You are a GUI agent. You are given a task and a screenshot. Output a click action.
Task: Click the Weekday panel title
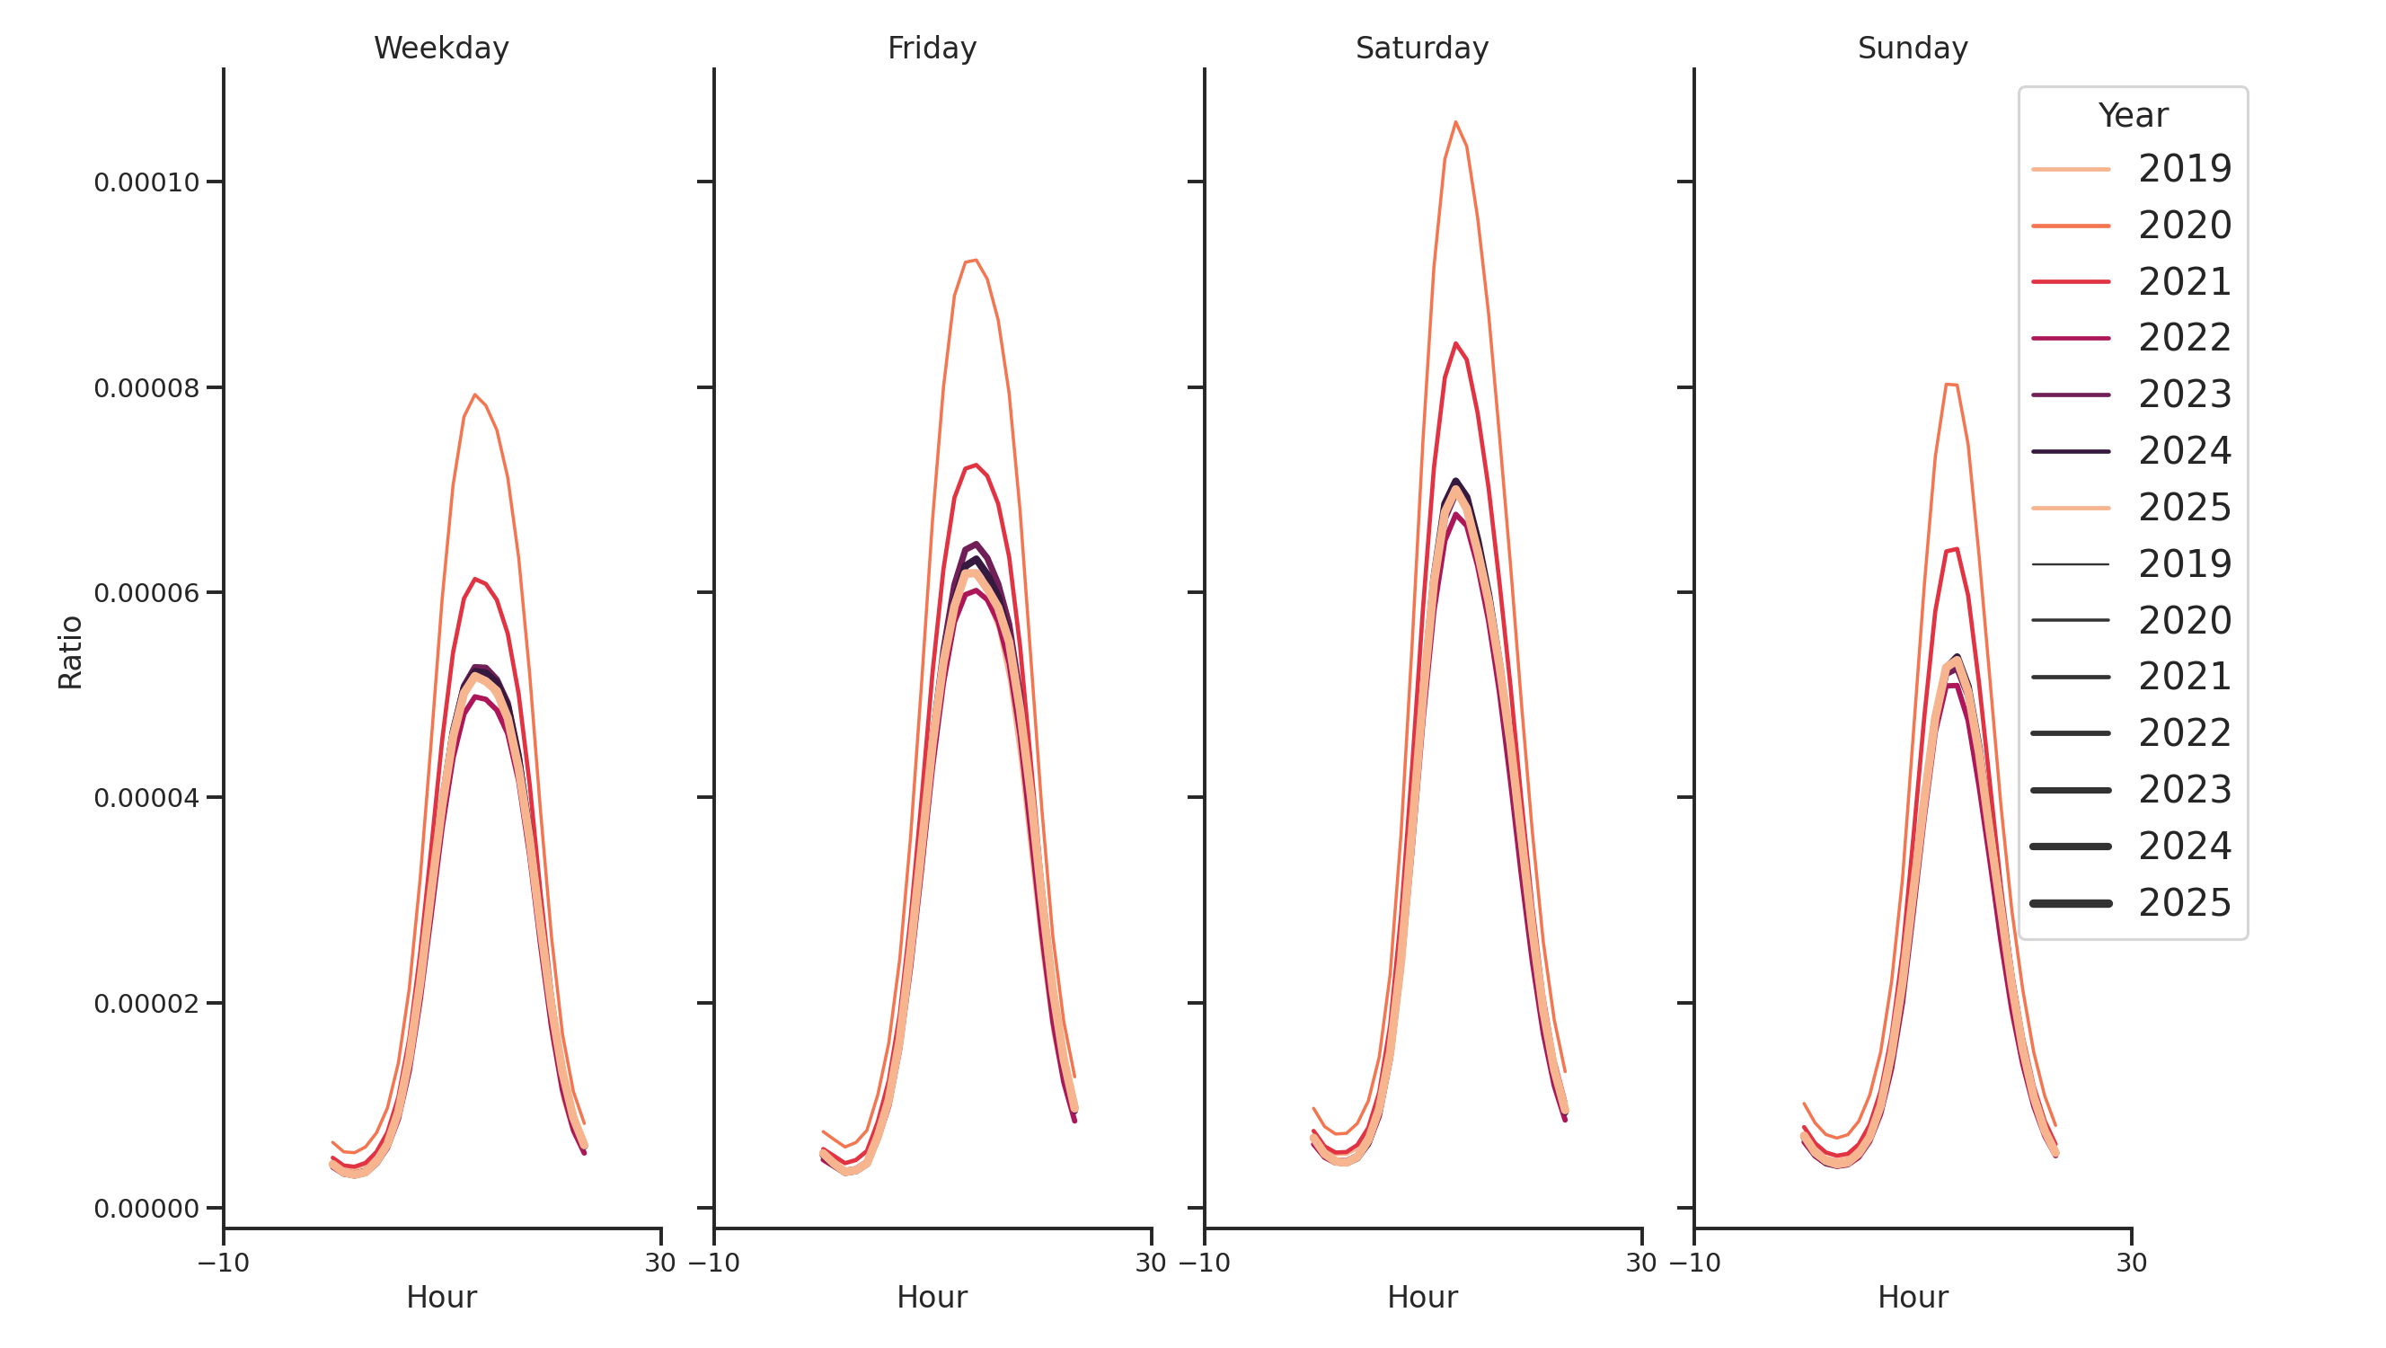point(441,49)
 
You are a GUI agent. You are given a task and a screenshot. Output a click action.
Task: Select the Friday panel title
point(931,49)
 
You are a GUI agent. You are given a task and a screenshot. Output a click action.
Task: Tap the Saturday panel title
point(1421,49)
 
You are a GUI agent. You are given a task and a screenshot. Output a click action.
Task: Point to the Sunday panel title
point(1912,49)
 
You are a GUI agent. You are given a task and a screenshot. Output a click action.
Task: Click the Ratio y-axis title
point(70,652)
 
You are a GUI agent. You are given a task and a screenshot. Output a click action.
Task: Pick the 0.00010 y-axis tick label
point(146,182)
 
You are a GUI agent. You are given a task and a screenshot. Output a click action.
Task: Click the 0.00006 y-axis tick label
point(146,593)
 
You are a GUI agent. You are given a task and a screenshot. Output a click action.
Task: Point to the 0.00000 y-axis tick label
point(146,1208)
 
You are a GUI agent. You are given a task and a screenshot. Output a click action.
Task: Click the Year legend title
point(2132,116)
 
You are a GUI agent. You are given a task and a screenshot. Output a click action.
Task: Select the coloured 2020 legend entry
point(2130,226)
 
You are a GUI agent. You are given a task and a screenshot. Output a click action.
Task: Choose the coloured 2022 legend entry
point(2130,338)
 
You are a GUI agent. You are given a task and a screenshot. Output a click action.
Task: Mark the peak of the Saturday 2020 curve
point(1455,122)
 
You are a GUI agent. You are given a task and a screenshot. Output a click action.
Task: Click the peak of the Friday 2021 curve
point(976,466)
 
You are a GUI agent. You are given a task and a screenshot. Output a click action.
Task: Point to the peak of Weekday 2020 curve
point(475,395)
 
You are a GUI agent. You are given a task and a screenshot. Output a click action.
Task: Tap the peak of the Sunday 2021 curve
point(1956,549)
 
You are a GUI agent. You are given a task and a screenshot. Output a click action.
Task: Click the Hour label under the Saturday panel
point(1421,1297)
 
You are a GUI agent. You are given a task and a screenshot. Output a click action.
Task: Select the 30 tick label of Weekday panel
point(659,1263)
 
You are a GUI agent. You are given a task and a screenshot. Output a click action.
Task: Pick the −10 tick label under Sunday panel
point(1694,1263)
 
